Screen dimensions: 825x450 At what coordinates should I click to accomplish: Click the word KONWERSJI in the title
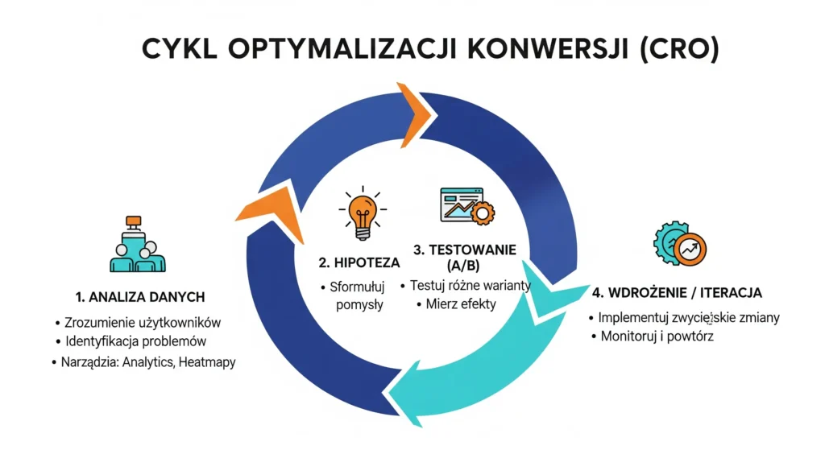(x=548, y=49)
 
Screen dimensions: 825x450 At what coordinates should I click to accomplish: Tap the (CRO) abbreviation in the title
(x=679, y=49)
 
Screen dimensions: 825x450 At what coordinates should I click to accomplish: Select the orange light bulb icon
(x=363, y=213)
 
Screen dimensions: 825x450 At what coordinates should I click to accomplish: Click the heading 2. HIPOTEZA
(x=359, y=262)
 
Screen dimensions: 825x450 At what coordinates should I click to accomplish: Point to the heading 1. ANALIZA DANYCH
(x=140, y=297)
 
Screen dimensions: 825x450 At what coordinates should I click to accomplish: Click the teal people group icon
(x=138, y=244)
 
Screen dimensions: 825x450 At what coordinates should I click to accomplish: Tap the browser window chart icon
(x=467, y=205)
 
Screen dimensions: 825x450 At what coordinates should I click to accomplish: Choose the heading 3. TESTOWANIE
(x=465, y=250)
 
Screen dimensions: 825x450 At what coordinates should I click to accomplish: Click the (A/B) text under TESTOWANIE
(x=463, y=266)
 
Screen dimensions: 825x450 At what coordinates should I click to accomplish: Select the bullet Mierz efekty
(x=456, y=303)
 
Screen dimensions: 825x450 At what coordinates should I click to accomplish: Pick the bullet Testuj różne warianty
(x=466, y=286)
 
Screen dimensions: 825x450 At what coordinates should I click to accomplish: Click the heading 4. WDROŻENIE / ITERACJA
(x=677, y=293)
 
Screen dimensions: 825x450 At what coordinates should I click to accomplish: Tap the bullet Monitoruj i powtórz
(x=653, y=336)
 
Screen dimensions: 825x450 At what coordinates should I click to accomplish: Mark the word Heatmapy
(x=207, y=362)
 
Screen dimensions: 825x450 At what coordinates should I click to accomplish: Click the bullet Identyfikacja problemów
(x=131, y=341)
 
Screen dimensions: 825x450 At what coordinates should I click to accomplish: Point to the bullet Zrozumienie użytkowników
(x=138, y=322)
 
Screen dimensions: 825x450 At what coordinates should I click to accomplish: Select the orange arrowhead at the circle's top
(x=416, y=115)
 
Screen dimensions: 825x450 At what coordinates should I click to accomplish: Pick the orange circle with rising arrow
(x=690, y=250)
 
